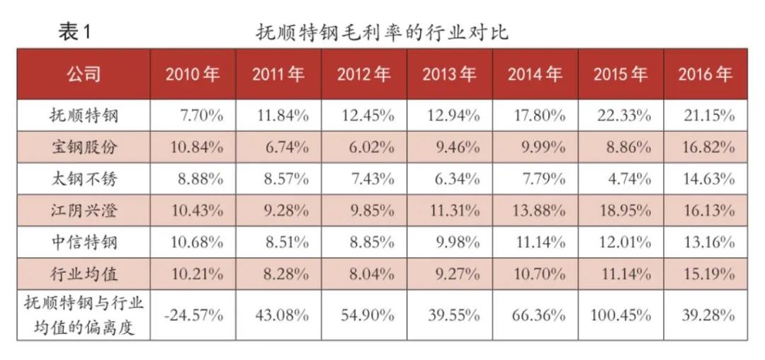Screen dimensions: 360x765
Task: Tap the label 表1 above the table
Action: coord(74,32)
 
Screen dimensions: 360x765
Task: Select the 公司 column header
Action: coord(84,74)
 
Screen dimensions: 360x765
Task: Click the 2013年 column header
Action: coord(449,74)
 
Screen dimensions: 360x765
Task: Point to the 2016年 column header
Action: coord(705,74)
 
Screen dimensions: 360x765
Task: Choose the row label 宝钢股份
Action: coord(84,147)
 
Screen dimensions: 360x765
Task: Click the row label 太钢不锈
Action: coord(84,179)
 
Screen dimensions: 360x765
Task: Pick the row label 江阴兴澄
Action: coord(84,210)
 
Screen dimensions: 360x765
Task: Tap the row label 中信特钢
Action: coord(84,242)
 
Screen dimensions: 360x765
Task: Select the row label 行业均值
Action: coord(84,274)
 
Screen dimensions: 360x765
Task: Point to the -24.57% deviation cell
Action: coord(193,315)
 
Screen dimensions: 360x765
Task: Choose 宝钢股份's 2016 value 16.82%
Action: coord(708,147)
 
